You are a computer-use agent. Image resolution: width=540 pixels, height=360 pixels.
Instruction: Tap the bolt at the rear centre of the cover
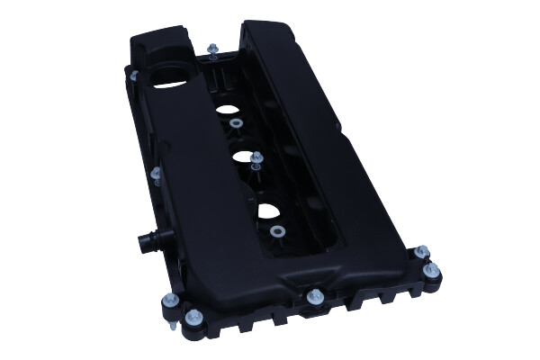213,50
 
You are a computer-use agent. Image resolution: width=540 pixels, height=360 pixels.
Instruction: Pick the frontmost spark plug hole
271,214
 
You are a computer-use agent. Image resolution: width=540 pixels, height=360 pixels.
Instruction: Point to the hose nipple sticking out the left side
144,241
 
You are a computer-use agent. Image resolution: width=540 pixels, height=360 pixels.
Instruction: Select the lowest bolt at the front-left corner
193,317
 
